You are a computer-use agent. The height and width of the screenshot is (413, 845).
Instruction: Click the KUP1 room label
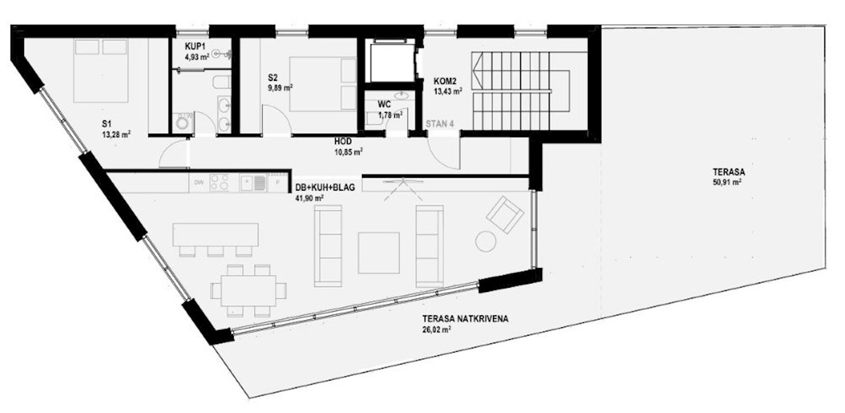195,46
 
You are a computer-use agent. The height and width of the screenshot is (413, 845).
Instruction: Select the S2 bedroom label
273,78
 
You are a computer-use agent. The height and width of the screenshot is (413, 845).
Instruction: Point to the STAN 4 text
440,124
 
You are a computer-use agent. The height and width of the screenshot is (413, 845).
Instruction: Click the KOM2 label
445,81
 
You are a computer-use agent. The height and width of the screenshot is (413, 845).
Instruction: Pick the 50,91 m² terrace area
727,182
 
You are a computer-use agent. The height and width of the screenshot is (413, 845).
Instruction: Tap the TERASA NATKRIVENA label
465,319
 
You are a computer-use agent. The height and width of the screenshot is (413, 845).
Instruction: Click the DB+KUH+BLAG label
325,188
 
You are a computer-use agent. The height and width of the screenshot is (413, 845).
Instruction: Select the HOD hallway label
343,141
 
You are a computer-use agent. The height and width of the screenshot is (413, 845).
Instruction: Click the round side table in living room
485,241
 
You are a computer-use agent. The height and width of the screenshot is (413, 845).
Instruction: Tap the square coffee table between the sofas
379,253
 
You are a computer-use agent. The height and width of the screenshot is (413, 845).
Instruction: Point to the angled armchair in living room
505,215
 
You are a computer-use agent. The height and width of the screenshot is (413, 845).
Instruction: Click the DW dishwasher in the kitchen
199,183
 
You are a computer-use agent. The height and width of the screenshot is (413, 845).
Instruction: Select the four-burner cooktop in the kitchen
220,183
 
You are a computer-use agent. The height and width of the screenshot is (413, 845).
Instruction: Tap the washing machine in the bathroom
183,123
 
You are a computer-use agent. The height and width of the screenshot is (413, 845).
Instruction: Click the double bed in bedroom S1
101,70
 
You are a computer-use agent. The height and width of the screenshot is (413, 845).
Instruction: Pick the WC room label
384,104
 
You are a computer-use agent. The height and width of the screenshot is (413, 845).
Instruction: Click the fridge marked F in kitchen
278,183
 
